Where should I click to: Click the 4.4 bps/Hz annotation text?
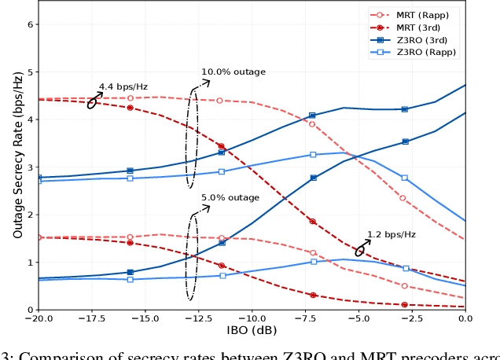123,86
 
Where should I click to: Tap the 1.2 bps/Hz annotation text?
391,234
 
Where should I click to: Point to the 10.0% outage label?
233,72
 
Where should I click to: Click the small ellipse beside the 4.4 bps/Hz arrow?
92,102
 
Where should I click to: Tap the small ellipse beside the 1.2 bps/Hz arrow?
360,250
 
